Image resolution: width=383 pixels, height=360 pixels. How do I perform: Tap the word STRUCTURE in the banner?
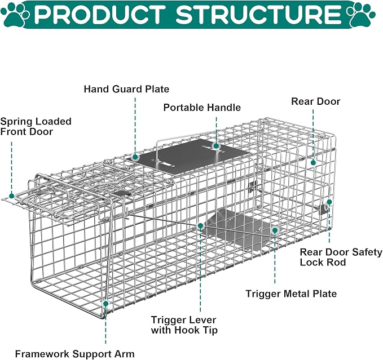coord(258,14)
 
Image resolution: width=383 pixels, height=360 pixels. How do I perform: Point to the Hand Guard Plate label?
coord(126,89)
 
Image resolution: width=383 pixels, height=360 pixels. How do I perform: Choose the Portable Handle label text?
coord(202,108)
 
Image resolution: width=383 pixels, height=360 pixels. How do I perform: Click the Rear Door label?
coord(315,101)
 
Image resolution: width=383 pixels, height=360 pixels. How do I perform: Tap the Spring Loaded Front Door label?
coord(36,127)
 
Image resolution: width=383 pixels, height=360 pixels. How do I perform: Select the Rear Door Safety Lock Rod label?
coord(341,257)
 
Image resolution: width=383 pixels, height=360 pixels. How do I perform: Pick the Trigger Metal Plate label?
coord(291,294)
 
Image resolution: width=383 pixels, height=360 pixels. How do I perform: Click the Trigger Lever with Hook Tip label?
coord(184,325)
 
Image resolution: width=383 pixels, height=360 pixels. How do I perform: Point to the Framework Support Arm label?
coord(75,354)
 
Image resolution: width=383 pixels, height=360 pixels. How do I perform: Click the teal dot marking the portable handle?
coord(216,146)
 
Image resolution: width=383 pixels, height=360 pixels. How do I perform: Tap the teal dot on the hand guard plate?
coord(135,158)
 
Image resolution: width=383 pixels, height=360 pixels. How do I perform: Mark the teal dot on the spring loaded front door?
coord(11,196)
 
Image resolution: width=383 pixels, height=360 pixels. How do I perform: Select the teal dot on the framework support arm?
coord(106,304)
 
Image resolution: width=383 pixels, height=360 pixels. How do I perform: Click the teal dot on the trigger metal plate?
coord(275,230)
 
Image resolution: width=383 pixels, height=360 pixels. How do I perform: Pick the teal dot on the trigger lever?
coord(201,226)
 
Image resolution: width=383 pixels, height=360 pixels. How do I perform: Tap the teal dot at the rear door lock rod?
coord(329,202)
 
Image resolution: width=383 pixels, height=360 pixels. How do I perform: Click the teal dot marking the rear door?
coord(313,162)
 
